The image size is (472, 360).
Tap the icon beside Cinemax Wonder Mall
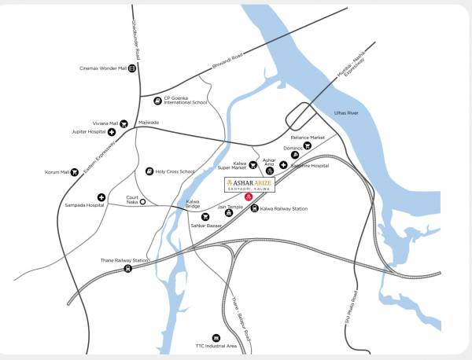[131, 68]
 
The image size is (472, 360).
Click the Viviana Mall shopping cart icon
[124, 123]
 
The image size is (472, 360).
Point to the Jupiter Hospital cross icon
[112, 133]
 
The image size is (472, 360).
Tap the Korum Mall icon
[76, 172]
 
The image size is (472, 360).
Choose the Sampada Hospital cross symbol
[101, 197]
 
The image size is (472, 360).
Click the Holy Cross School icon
[149, 171]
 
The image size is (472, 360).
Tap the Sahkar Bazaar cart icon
[205, 216]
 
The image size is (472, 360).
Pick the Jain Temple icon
[229, 212]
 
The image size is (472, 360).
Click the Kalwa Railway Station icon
[253, 208]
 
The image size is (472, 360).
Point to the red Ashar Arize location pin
[249, 197]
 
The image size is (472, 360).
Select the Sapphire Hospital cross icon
[283, 166]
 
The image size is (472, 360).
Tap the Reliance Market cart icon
[307, 146]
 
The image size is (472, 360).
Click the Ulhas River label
[347, 114]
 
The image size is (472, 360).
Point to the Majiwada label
[149, 123]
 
